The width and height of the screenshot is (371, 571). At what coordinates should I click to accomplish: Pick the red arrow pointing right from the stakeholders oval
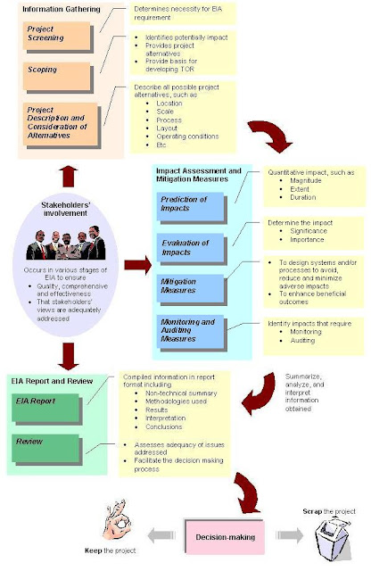pos(136,265)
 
